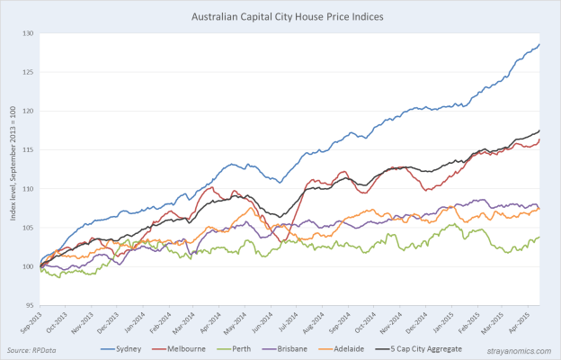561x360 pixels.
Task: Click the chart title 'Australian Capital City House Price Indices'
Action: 280,16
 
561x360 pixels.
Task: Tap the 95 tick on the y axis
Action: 30,305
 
